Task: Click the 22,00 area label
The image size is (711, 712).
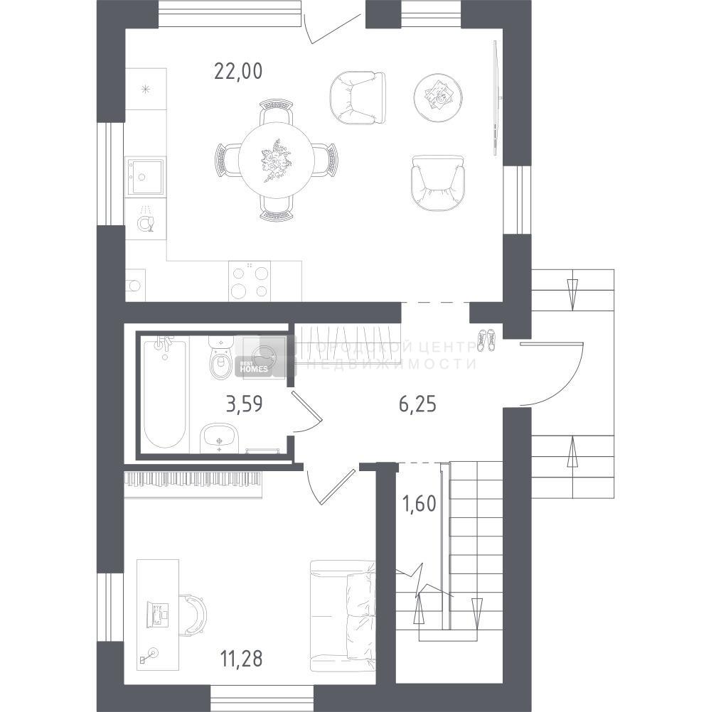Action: (x=238, y=71)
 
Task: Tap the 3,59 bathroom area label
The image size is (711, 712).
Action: (x=245, y=404)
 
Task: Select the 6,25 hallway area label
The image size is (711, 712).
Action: (x=417, y=404)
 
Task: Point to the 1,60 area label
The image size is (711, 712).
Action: (x=419, y=504)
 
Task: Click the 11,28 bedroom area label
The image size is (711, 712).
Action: (x=241, y=659)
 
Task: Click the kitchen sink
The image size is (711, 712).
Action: (x=145, y=176)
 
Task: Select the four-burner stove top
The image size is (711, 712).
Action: (x=250, y=281)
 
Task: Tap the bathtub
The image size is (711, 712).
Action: (x=164, y=393)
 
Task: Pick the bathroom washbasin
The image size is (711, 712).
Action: (x=220, y=438)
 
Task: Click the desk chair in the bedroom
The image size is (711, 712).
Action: (x=193, y=613)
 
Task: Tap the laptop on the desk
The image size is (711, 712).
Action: (x=157, y=615)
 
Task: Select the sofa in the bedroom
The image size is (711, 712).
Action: (x=343, y=615)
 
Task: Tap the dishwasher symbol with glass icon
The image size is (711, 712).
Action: (x=145, y=221)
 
